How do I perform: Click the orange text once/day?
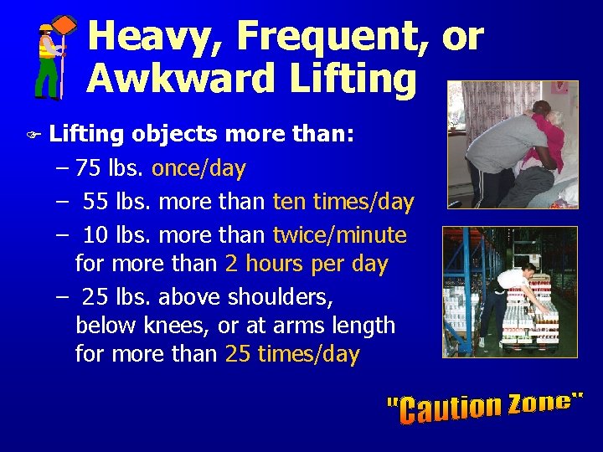[x=198, y=168]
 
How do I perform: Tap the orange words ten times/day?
[x=343, y=202]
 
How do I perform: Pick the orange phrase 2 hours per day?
[x=307, y=264]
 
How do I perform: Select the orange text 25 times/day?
[x=292, y=354]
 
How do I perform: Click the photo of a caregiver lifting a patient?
[x=512, y=144]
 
